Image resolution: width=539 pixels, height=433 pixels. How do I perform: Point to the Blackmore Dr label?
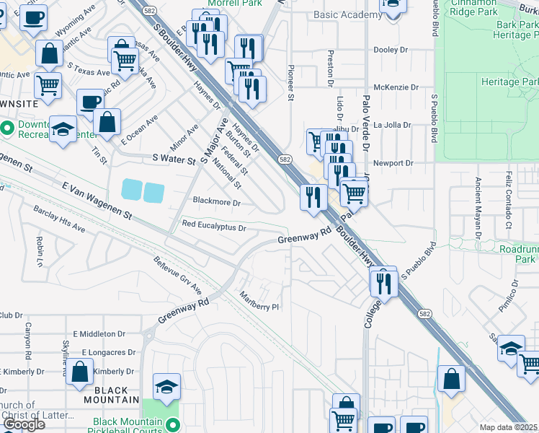216,203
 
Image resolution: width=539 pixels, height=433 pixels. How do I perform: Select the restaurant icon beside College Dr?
383,282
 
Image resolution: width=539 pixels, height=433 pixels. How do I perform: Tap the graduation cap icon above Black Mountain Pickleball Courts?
166,387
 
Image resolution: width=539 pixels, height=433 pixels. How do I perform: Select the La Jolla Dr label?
391,125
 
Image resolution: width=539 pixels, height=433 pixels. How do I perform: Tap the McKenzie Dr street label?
396,87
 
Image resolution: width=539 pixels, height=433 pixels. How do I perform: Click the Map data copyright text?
508,427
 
